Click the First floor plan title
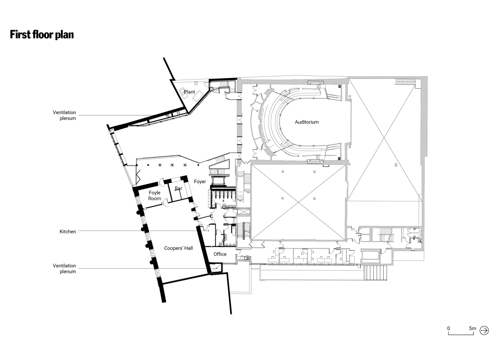tap(42, 35)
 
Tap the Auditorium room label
tap(306, 122)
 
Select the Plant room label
tap(189, 92)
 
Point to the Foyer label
tap(200, 182)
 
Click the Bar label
tap(178, 189)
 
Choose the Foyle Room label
tap(155, 195)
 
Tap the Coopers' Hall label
tap(178, 248)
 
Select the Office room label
tap(220, 254)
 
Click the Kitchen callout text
tap(68, 231)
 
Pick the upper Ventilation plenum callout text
tap(65, 115)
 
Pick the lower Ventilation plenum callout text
tap(65, 268)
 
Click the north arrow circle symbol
tap(484, 331)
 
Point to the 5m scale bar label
tap(472, 328)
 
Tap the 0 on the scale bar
tap(449, 328)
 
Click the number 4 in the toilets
tap(223, 201)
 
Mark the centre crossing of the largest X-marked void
tap(384, 139)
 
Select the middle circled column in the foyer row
tap(172, 165)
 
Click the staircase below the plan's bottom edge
tap(375, 272)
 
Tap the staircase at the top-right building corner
tap(405, 82)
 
